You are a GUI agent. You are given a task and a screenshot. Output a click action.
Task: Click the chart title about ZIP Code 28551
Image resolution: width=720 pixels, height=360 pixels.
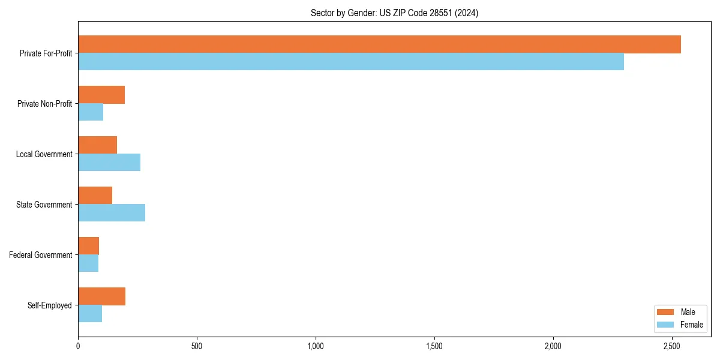(394, 13)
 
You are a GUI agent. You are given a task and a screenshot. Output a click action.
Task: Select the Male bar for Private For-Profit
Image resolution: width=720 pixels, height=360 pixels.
(379, 44)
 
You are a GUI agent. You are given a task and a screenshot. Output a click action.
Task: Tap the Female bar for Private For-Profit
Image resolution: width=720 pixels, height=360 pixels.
(351, 62)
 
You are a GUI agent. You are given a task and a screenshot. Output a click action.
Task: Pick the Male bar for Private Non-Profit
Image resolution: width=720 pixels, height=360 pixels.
(101, 95)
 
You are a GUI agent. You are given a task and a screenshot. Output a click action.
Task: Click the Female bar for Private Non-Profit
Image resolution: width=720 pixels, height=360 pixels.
(91, 112)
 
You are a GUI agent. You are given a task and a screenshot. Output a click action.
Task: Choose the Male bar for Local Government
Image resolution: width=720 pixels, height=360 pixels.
(97, 145)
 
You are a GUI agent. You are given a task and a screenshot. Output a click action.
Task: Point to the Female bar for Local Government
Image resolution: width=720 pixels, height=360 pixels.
(109, 163)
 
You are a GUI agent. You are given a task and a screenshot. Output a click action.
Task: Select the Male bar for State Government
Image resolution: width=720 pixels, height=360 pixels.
(95, 196)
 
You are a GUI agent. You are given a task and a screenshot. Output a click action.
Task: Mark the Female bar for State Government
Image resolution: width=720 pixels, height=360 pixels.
(112, 213)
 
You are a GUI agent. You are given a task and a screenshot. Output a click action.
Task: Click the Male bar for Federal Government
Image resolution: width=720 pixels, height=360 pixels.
(88, 246)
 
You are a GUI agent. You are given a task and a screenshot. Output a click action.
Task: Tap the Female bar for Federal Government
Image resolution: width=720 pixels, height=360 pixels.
(88, 263)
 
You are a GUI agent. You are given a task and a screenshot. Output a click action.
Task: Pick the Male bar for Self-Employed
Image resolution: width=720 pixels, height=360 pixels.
(101, 296)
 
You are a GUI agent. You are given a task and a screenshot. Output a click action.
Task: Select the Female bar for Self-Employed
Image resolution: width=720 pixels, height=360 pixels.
(90, 314)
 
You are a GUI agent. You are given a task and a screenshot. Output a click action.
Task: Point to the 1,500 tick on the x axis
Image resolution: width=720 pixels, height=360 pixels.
(434, 346)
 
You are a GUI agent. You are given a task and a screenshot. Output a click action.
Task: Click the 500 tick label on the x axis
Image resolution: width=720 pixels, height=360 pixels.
(197, 346)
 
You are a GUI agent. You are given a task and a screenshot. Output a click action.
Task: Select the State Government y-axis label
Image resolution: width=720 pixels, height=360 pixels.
(44, 205)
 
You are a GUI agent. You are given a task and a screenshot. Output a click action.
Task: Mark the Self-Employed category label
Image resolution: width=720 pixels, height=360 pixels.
(49, 305)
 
